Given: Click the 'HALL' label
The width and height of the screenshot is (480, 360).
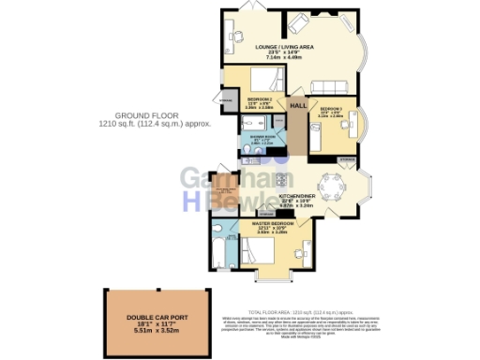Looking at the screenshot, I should (x=299, y=107).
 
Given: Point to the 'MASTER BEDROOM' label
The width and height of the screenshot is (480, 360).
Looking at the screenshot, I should (x=274, y=223).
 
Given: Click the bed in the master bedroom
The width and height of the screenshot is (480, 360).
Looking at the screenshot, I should (x=258, y=250).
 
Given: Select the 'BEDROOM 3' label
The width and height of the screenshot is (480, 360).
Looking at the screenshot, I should (x=331, y=109).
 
